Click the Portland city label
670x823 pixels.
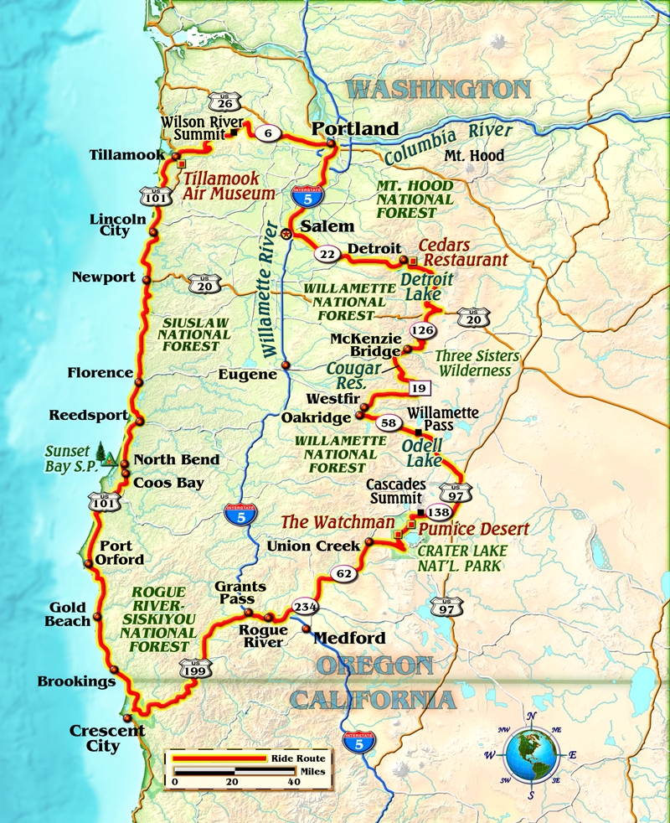click(354, 129)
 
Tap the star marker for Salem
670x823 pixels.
click(286, 235)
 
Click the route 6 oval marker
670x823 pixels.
click(266, 131)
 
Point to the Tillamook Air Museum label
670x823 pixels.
click(229, 185)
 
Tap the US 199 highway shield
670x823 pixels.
click(195, 668)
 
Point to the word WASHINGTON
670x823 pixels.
click(439, 90)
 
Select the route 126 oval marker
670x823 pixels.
click(424, 329)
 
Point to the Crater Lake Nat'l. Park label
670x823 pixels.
click(459, 558)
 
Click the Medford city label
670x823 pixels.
click(349, 638)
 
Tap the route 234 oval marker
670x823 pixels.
click(304, 608)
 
